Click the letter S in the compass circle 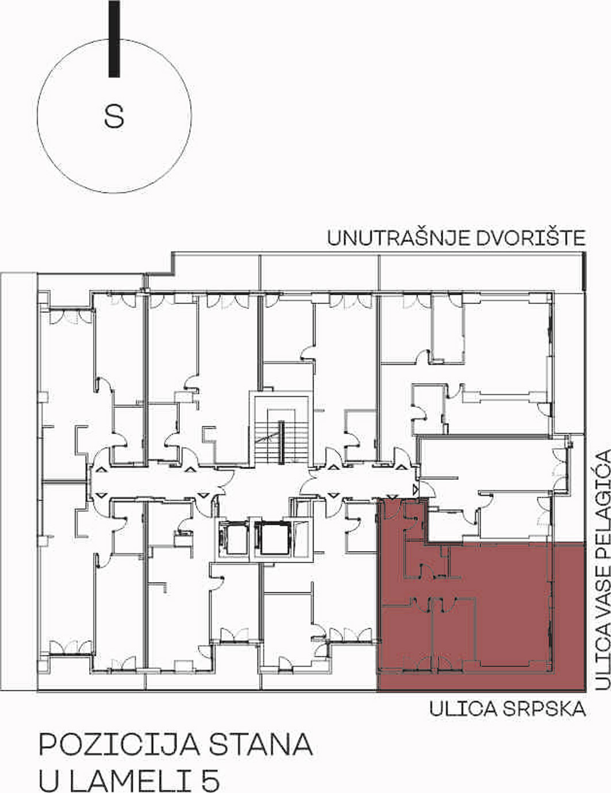pyautogui.click(x=114, y=116)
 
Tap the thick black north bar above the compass pyautogui.click(x=114, y=39)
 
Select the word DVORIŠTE pyautogui.click(x=528, y=237)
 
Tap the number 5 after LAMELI pyautogui.click(x=210, y=779)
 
